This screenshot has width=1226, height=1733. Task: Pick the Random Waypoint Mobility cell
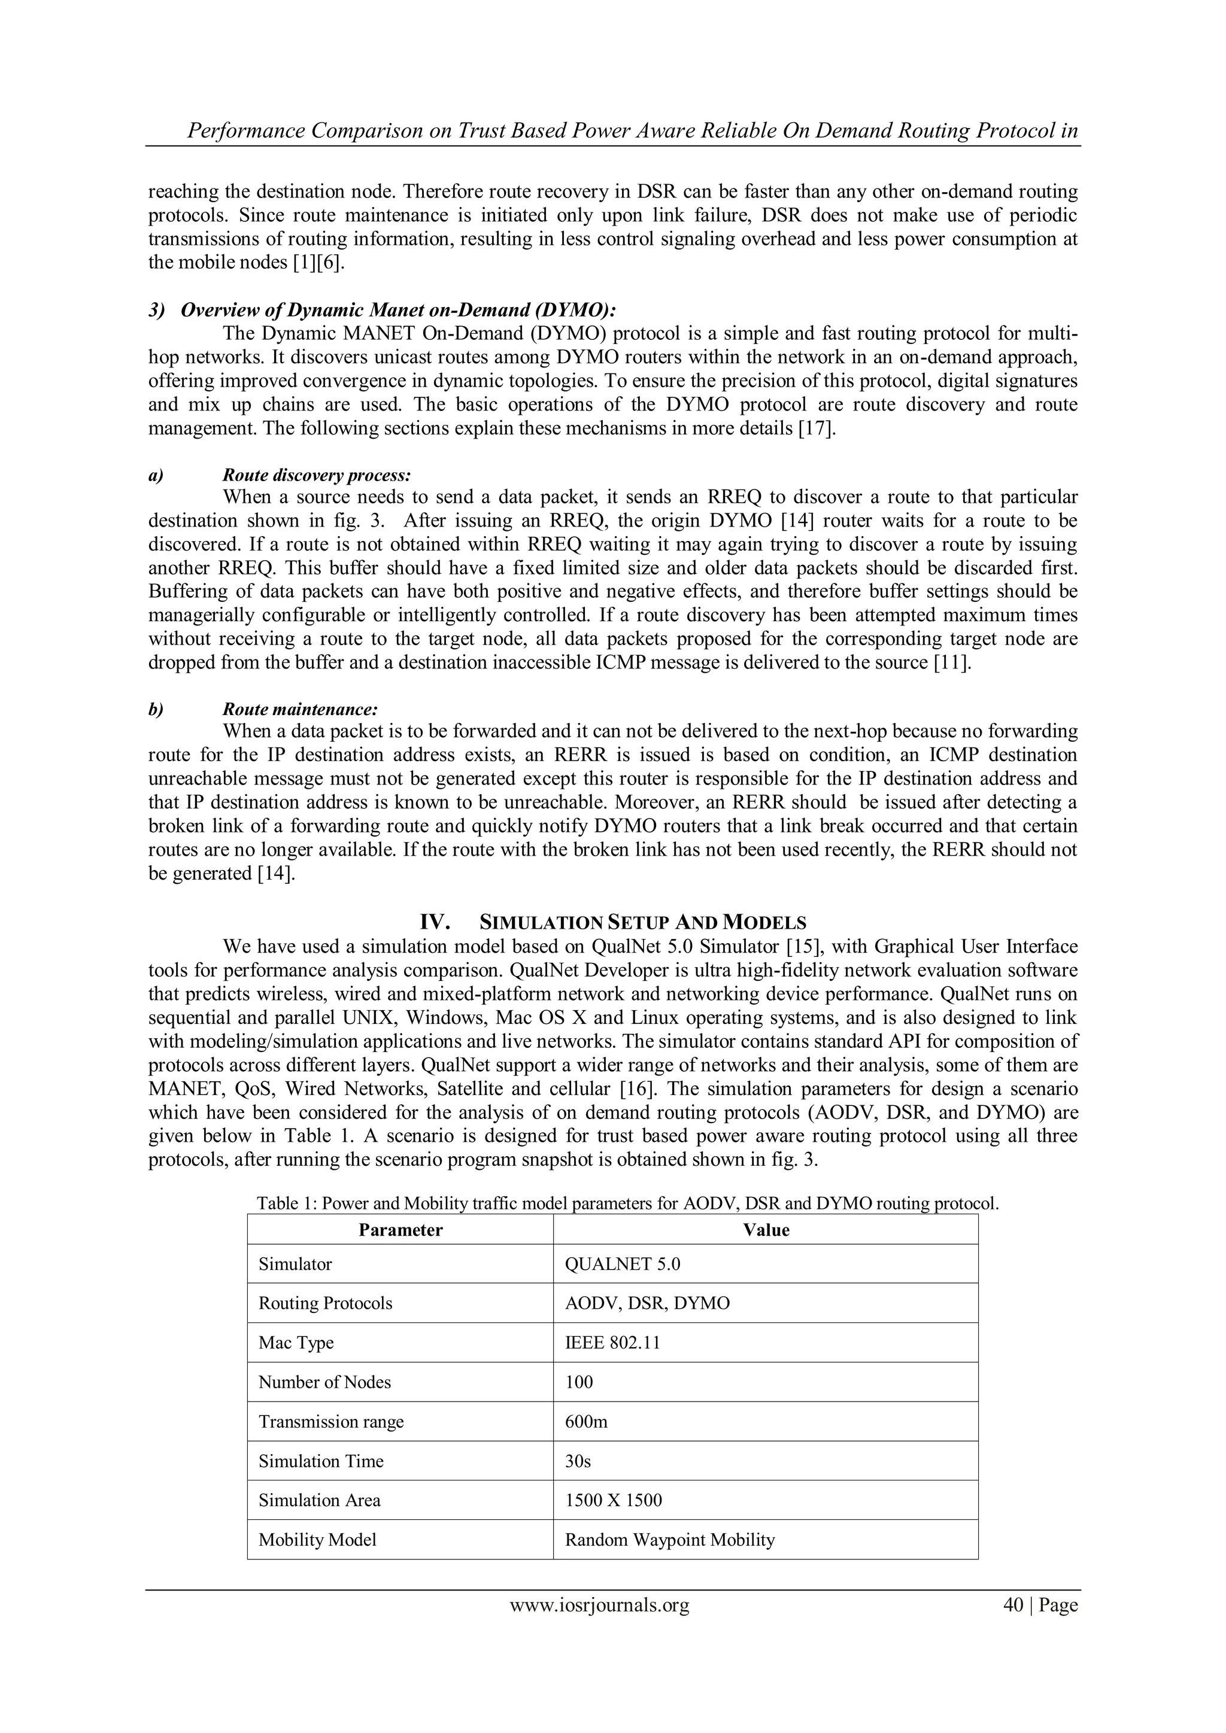coord(670,1539)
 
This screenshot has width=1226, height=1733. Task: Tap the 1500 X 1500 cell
coord(613,1500)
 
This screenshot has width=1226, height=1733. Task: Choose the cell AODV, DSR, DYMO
coord(647,1303)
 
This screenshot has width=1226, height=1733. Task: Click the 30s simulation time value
coord(578,1461)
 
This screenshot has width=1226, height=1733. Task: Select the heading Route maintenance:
coord(300,710)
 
